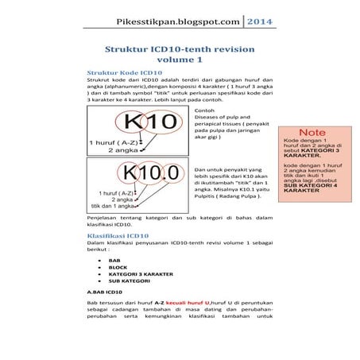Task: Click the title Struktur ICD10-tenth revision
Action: point(180,48)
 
